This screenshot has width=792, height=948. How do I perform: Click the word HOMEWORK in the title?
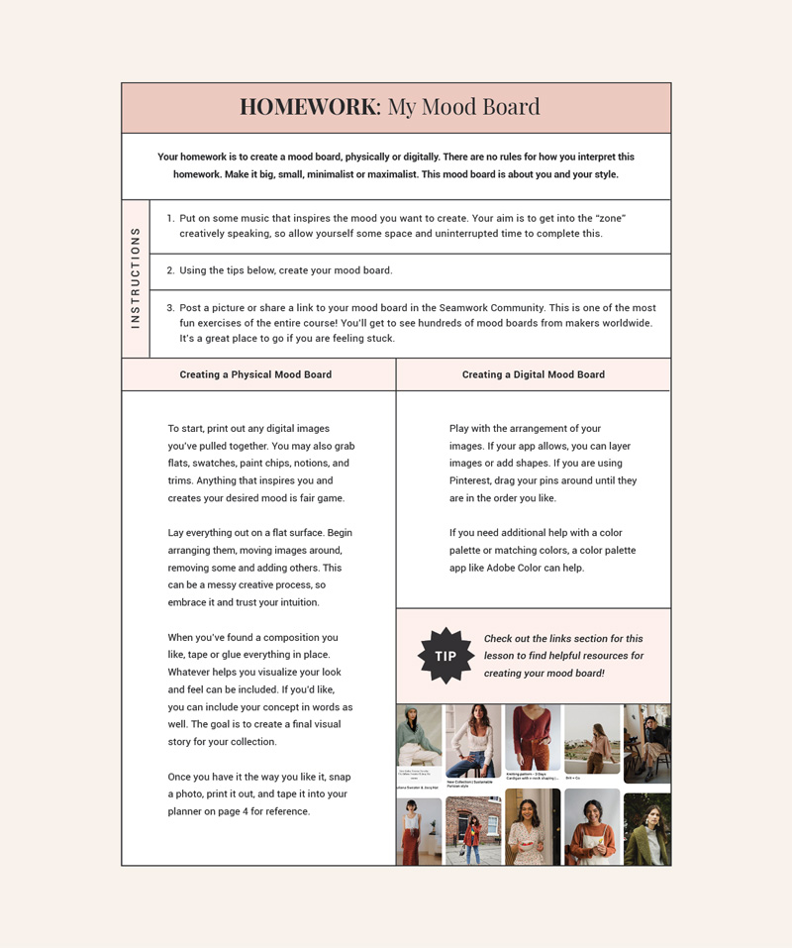coord(309,107)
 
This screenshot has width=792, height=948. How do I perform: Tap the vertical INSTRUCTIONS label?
coord(136,278)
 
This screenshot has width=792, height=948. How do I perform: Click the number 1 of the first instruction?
coord(170,218)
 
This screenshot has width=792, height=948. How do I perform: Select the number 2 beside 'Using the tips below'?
coord(170,270)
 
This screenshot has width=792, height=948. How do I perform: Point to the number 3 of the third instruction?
coord(170,308)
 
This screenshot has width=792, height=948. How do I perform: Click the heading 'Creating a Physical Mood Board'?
coord(255,374)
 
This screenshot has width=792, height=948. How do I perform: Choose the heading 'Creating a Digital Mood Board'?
coord(533,374)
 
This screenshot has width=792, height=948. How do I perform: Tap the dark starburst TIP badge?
coord(445,656)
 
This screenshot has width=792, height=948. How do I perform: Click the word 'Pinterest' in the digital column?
coord(475,480)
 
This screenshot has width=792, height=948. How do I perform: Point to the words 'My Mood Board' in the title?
coord(463,107)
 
